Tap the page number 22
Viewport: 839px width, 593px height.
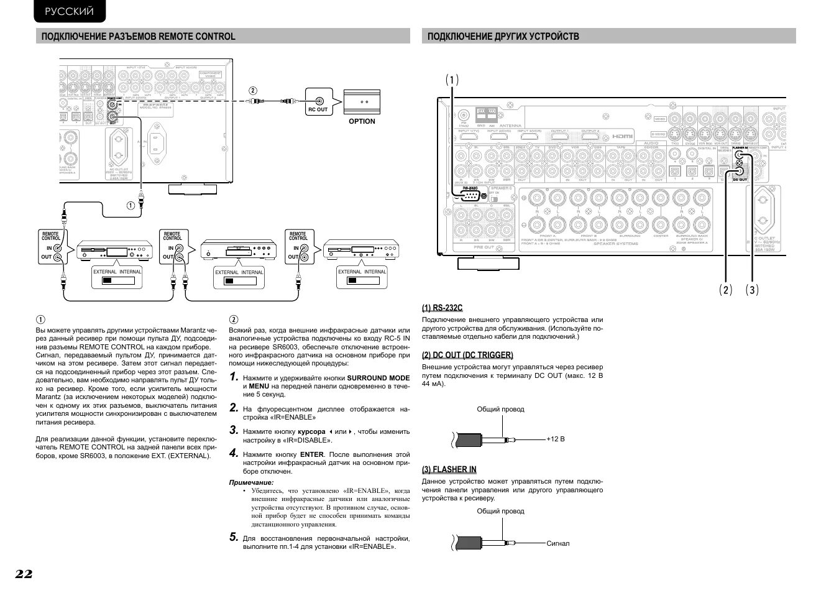click(x=24, y=574)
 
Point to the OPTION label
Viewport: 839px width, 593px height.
click(x=362, y=121)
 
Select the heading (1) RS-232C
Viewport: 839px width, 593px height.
click(x=442, y=308)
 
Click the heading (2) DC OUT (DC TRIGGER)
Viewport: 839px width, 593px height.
click(x=467, y=355)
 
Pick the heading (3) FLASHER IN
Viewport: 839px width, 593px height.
click(x=449, y=469)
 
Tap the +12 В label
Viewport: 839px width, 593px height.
click(x=556, y=439)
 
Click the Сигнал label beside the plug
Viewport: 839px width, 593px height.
click(x=558, y=543)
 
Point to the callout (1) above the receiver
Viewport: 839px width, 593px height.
click(x=452, y=80)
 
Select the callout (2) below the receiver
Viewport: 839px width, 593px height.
click(x=726, y=290)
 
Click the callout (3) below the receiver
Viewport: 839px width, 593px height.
click(x=753, y=290)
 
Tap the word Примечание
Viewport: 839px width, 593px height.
click(x=251, y=482)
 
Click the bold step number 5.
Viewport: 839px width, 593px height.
click(x=233, y=537)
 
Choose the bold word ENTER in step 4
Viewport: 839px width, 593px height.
click(x=312, y=454)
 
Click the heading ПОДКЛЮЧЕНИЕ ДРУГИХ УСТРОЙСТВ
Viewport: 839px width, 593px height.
click(x=503, y=36)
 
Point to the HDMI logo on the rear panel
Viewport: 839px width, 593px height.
click(x=621, y=136)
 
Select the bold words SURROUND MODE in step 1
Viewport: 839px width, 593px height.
click(x=378, y=378)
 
